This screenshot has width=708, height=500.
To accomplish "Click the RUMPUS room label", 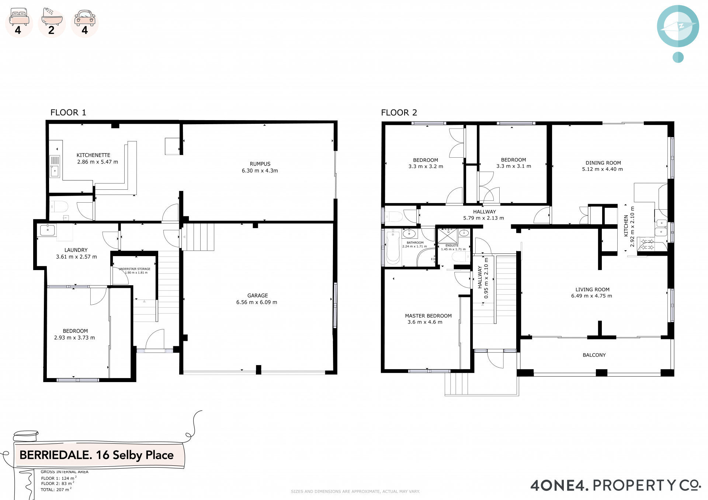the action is tap(260, 164).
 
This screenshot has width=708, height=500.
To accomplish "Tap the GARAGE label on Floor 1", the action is tap(257, 296).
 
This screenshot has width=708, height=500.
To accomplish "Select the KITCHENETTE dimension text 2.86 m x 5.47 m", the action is tap(98, 162).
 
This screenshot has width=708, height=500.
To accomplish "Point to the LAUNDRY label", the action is tap(76, 250).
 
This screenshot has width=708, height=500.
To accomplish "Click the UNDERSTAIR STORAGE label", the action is tap(135, 269).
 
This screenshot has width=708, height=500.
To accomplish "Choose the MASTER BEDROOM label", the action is tap(428, 316).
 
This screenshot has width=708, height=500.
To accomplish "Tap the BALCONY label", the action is tap(594, 355).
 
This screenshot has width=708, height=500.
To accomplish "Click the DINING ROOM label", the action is tap(603, 163).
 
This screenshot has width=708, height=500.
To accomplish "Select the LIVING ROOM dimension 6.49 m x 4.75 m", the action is tap(591, 296).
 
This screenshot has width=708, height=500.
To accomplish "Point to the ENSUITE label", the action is tap(452, 245).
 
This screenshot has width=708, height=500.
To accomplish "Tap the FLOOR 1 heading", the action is tap(68, 113).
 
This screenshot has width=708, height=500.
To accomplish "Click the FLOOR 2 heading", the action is tap(399, 113).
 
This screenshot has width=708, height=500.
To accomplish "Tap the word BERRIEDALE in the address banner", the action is tap(55, 455).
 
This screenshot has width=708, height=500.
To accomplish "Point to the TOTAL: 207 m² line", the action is tap(56, 490).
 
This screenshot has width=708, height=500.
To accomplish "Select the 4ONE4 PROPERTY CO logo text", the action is tap(615, 485).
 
